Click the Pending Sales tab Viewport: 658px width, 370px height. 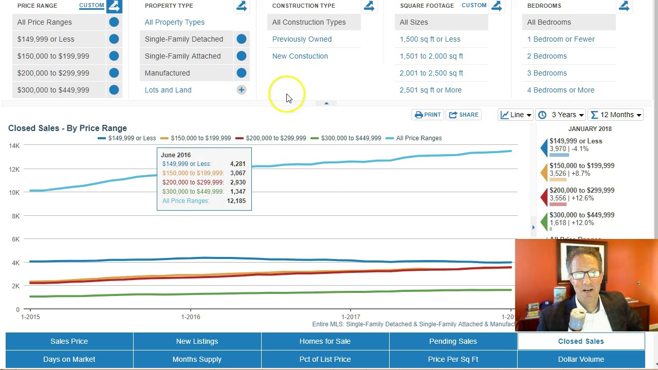click(x=453, y=341)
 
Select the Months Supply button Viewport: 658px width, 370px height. click(x=197, y=359)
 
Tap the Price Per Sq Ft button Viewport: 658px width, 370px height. click(x=453, y=359)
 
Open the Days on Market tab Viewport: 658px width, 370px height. click(x=69, y=359)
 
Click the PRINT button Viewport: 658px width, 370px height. click(x=428, y=115)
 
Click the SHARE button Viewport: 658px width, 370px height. click(x=464, y=115)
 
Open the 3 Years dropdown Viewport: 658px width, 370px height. click(x=561, y=115)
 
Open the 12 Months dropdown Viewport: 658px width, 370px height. click(x=616, y=115)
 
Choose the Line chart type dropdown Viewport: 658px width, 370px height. click(x=516, y=115)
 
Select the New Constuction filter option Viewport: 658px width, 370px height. click(x=300, y=56)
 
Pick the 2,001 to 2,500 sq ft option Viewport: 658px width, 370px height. click(x=431, y=73)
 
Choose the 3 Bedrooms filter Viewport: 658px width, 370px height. click(x=546, y=73)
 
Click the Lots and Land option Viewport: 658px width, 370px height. click(x=168, y=90)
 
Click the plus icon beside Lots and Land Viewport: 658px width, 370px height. click(x=241, y=90)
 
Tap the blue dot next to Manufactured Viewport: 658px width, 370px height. click(x=241, y=73)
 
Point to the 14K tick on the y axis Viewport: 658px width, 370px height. click(x=14, y=146)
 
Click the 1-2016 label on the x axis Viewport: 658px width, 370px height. click(x=190, y=317)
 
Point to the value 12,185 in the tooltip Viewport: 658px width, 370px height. click(x=236, y=201)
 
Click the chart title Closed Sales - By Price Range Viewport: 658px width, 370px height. click(x=67, y=128)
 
